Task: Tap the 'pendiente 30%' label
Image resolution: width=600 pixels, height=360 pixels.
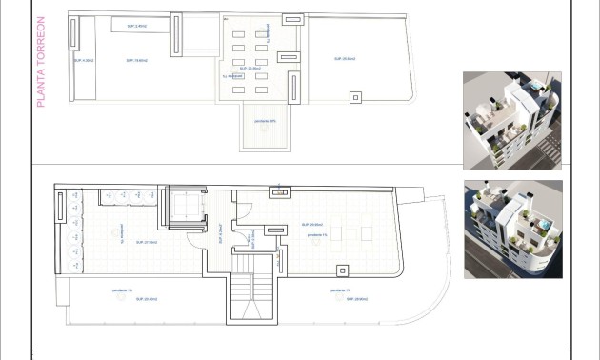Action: point(267,121)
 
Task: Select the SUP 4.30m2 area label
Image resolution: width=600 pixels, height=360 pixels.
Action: point(85,59)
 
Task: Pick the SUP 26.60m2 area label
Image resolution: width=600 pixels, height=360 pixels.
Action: point(344,59)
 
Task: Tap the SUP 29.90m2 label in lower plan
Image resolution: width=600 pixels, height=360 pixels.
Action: point(320,225)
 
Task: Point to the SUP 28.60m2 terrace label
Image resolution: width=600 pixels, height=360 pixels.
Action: point(356,299)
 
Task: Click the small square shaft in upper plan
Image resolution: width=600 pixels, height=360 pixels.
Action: point(355,95)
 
